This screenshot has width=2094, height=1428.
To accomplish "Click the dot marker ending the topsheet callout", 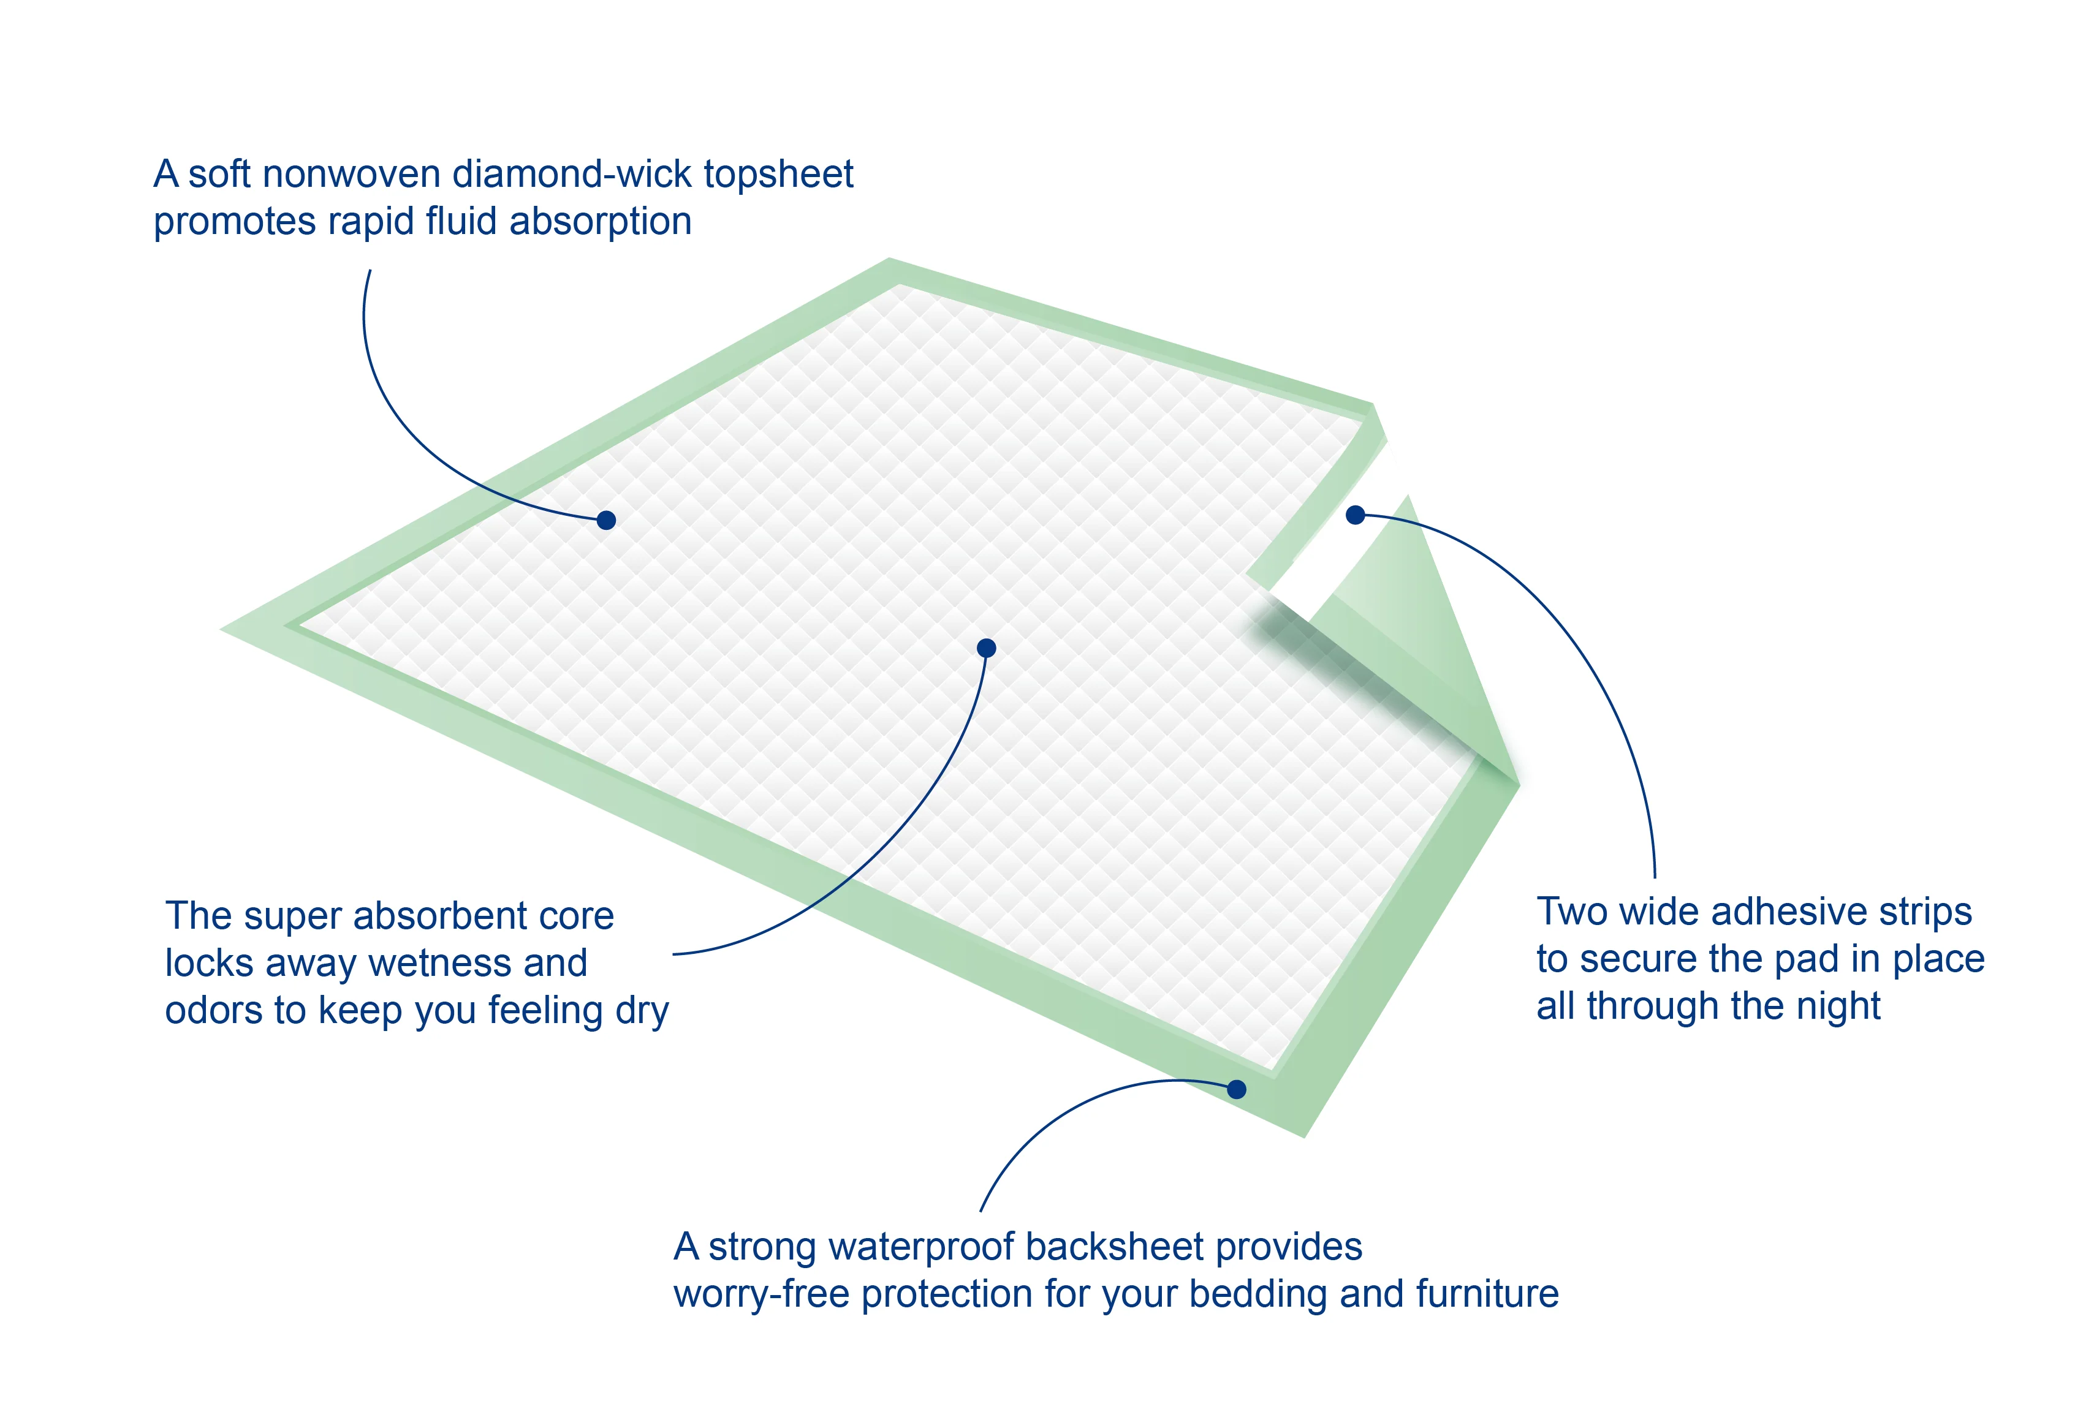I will [607, 520].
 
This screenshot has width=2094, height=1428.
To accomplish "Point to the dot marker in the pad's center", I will [987, 648].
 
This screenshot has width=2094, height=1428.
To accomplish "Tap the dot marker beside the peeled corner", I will [1355, 515].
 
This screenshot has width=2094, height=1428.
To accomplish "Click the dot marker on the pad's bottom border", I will [1237, 1089].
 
